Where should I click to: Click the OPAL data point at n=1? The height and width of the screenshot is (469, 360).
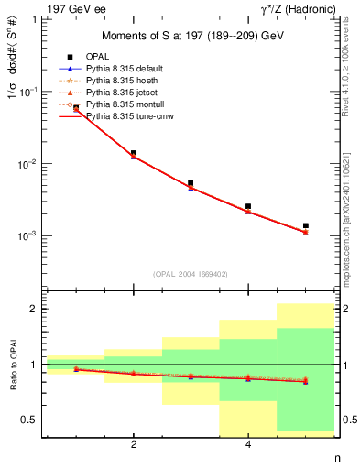pos(76,108)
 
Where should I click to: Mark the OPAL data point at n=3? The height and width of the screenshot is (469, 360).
pos(191,183)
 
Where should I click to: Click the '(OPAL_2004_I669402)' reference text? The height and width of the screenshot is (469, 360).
pos(191,273)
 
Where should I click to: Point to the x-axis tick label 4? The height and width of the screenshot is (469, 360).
pos(248,446)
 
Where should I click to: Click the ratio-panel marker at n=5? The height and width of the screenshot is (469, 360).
pos(306,381)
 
